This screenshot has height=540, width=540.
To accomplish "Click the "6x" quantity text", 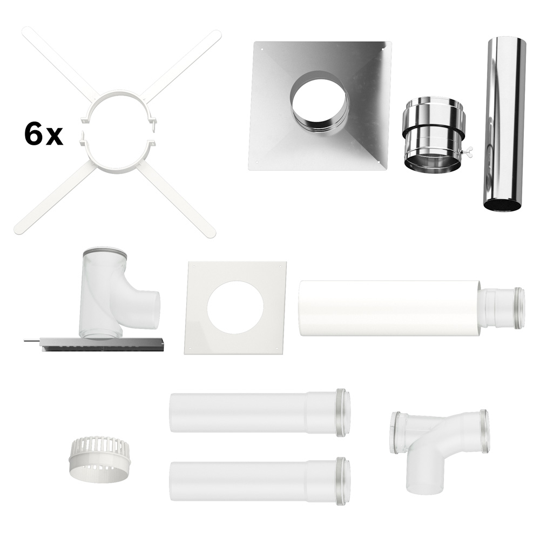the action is point(44,135).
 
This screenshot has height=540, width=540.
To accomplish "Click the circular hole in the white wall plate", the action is point(236,307).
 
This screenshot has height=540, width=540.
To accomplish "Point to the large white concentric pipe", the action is point(412,308).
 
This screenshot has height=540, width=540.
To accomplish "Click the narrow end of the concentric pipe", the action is point(503,308).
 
